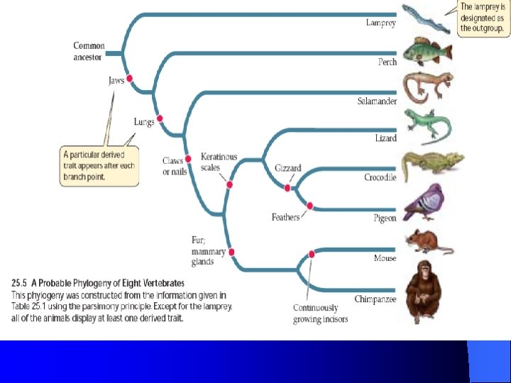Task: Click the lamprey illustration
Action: [x=425, y=18]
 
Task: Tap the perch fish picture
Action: [x=428, y=52]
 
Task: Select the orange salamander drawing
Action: [x=429, y=88]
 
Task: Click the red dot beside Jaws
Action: [x=130, y=79]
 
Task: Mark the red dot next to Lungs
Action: [x=160, y=118]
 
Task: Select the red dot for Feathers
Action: [x=309, y=206]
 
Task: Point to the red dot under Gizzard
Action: [x=287, y=188]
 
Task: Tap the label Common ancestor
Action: [x=89, y=51]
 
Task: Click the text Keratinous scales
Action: [x=219, y=162]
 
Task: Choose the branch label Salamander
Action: [x=376, y=101]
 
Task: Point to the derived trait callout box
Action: [x=99, y=165]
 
